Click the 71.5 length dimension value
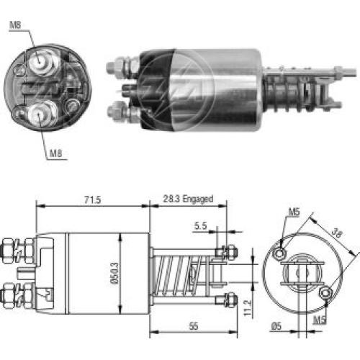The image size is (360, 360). click(x=92, y=199)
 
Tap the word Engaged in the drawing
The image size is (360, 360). click(x=198, y=199)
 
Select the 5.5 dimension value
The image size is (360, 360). click(x=200, y=225)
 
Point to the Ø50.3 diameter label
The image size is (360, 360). click(x=115, y=274)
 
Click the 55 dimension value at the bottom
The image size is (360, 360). click(x=194, y=326)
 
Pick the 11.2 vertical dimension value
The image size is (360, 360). click(x=248, y=308)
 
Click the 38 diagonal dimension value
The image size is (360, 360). click(x=337, y=233)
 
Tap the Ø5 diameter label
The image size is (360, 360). click(x=276, y=326)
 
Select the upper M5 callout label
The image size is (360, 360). click(x=294, y=212)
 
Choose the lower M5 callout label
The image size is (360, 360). click(x=320, y=320)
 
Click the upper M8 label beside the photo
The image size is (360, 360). click(x=15, y=24)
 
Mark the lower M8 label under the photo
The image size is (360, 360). click(x=55, y=153)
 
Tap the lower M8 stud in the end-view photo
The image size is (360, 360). click(x=42, y=114)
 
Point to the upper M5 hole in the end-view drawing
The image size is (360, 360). click(x=279, y=253)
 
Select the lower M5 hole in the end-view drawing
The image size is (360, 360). click(x=325, y=293)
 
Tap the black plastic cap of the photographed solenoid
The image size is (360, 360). click(x=156, y=90)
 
